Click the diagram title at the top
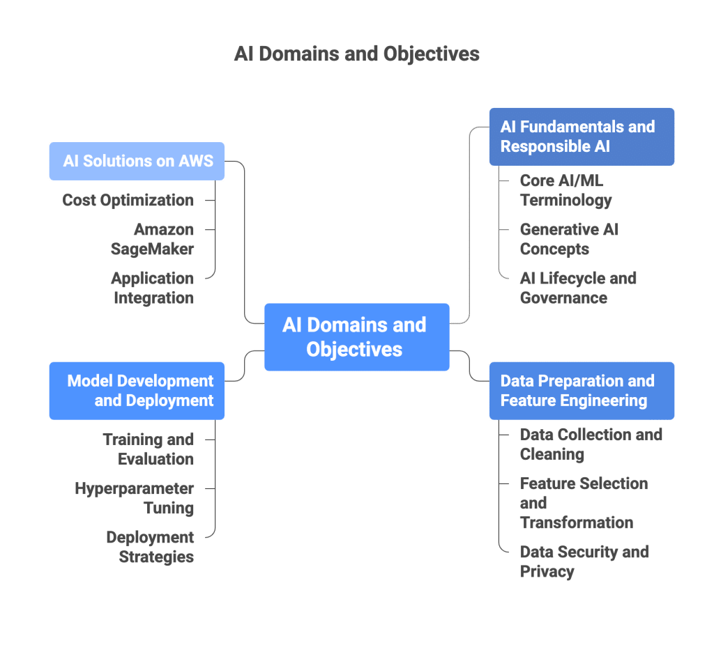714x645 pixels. coord(356,54)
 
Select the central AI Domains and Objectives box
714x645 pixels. coord(356,336)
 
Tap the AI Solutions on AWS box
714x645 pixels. coord(137,162)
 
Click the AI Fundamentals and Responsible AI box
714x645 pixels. coord(581,137)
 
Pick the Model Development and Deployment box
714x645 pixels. coord(137,391)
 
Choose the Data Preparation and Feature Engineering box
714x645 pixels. coord(581,391)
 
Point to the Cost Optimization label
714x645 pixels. coord(128,201)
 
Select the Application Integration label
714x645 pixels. coord(153,288)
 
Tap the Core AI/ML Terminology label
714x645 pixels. coord(565,191)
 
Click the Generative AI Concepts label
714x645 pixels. coord(568,239)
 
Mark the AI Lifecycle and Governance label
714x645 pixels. coord(577,288)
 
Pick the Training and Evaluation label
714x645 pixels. coord(149,449)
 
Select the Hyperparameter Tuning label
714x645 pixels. coord(135,498)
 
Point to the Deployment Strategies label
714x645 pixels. coord(151,547)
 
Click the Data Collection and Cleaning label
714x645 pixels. coord(590,444)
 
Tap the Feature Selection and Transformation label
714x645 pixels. coord(583,503)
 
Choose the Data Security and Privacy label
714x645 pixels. coord(584,561)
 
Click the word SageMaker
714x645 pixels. coord(153,249)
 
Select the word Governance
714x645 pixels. coord(563,298)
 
